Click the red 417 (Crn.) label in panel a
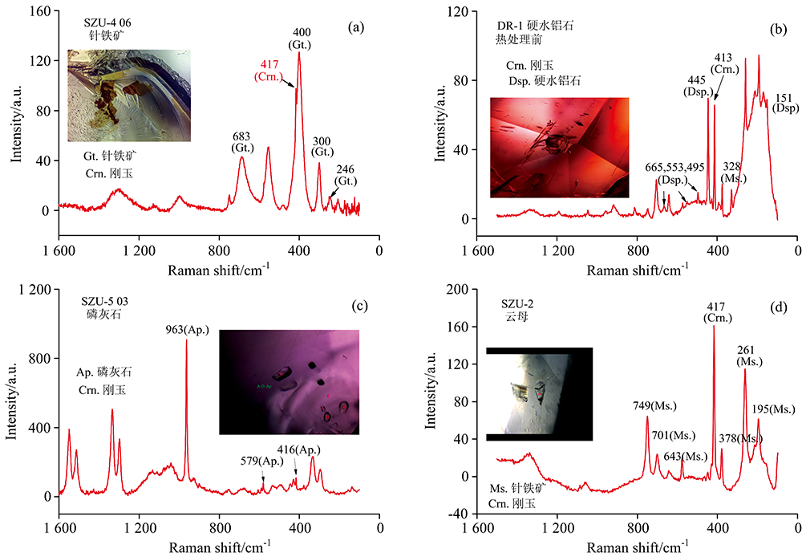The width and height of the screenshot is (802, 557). [267, 70]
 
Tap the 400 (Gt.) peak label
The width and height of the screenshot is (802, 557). [302, 38]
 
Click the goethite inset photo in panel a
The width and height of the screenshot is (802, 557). [129, 95]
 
